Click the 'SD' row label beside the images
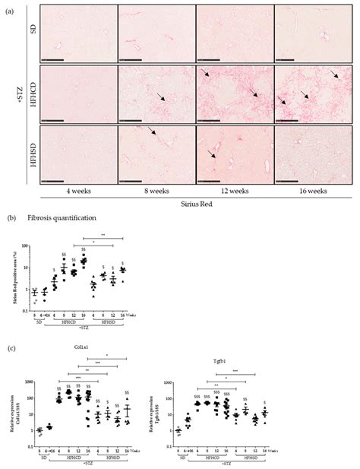32,35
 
